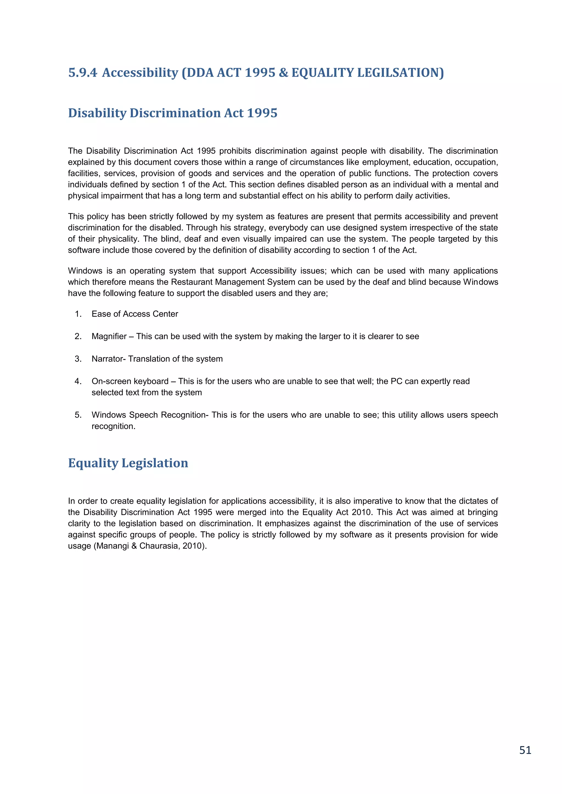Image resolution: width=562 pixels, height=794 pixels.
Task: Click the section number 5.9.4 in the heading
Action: coord(83,73)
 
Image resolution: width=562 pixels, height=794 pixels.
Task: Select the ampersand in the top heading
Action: coord(283,73)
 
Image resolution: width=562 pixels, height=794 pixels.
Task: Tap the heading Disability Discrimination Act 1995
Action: coord(173,113)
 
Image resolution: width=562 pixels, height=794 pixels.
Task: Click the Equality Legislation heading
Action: coord(128,463)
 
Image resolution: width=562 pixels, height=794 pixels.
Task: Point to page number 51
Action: coord(525,750)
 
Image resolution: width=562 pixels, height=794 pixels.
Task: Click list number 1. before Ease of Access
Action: coord(78,314)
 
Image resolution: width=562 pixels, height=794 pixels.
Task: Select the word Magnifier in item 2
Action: coord(109,336)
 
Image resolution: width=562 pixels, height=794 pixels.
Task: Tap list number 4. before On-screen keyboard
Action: coord(78,381)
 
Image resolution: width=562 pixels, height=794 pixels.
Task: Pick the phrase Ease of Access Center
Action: coord(135,314)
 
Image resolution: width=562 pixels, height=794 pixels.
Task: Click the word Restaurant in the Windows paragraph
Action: coord(192,282)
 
